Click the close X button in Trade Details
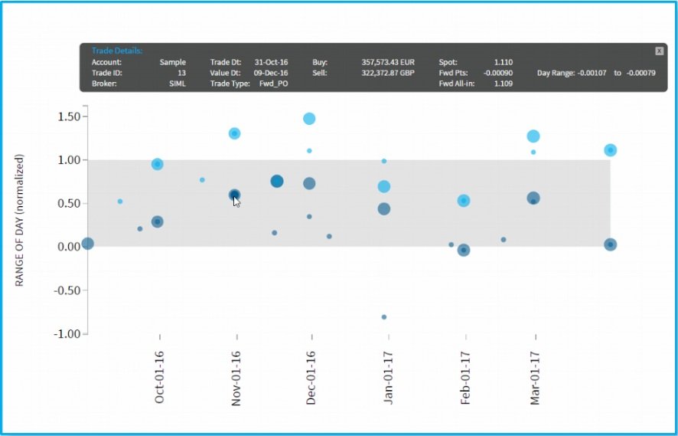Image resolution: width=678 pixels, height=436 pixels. pyautogui.click(x=659, y=51)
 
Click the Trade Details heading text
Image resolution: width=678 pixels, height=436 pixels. pyautogui.click(x=112, y=50)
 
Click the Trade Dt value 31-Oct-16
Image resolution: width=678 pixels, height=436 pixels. pyautogui.click(x=270, y=62)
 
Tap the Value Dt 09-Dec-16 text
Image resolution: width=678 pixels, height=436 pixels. pyautogui.click(x=270, y=73)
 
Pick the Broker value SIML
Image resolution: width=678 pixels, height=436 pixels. pyautogui.click(x=177, y=84)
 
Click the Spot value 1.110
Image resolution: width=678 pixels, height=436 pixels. pyautogui.click(x=504, y=62)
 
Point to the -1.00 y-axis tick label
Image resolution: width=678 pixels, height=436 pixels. pyautogui.click(x=68, y=334)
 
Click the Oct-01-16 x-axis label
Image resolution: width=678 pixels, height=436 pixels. pyautogui.click(x=159, y=378)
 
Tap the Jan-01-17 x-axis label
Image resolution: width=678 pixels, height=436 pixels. pyautogui.click(x=388, y=378)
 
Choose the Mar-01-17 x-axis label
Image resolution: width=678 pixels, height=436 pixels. pyautogui.click(x=534, y=378)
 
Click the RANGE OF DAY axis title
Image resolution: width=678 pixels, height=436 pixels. pyautogui.click(x=21, y=220)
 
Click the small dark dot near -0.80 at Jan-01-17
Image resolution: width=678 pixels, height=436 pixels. pyautogui.click(x=384, y=316)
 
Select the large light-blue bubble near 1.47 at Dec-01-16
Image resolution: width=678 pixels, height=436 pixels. pyautogui.click(x=309, y=119)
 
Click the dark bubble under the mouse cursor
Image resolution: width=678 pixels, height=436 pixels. pyautogui.click(x=234, y=195)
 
